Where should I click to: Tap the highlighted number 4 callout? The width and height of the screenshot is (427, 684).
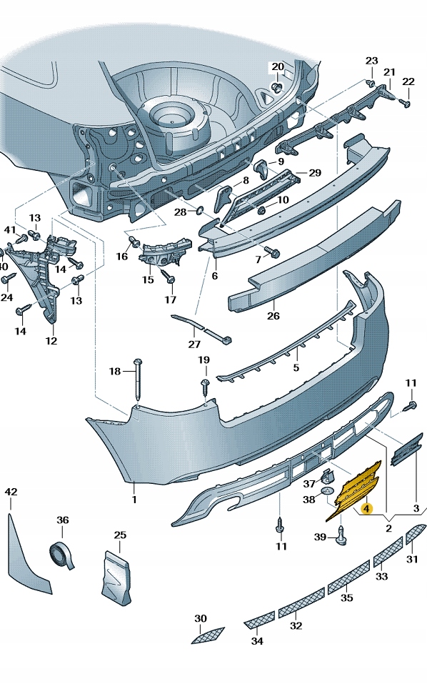[x=366, y=509]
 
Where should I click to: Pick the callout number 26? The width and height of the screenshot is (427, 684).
[x=273, y=315]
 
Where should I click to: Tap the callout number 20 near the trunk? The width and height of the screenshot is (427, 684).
[x=278, y=67]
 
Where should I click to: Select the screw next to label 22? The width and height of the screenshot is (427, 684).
[x=405, y=103]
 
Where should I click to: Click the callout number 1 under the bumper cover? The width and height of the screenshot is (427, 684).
[x=134, y=500]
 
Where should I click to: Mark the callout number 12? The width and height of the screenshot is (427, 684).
[x=51, y=341]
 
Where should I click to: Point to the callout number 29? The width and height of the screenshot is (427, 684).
[x=314, y=173]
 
